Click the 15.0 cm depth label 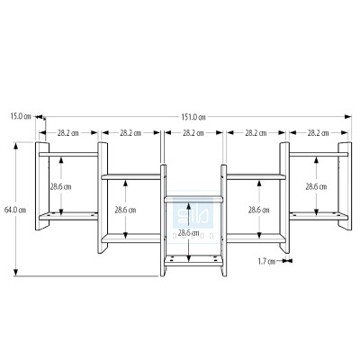point(21,116)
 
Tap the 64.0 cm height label point(13,210)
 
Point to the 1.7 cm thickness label point(265,262)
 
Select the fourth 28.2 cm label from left point(256,133)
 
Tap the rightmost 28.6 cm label point(316,186)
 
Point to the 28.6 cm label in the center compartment point(189,233)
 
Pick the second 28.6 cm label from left point(126,210)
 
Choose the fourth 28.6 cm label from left point(257,210)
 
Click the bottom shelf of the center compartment point(192,257)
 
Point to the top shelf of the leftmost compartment point(68,155)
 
